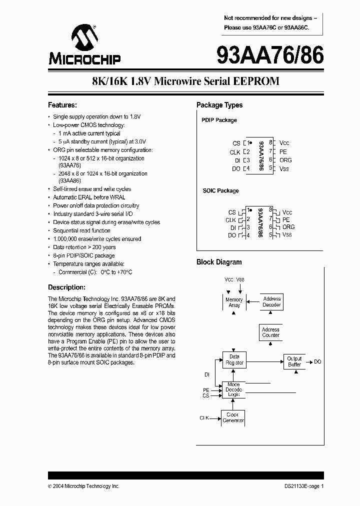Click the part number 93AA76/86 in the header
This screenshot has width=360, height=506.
pyautogui.click(x=270, y=54)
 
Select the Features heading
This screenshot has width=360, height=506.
pyautogui.click(x=62, y=105)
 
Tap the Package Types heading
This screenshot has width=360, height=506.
pyautogui.click(x=219, y=105)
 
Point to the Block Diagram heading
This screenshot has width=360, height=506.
pyautogui.click(x=219, y=262)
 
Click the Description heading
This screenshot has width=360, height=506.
pyautogui.click(x=66, y=287)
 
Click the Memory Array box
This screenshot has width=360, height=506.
pyautogui.click(x=234, y=302)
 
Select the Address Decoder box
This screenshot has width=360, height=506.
pyautogui.click(x=272, y=301)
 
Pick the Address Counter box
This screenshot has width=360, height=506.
pyautogui.click(x=270, y=332)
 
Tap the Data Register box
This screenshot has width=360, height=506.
pyautogui.click(x=234, y=359)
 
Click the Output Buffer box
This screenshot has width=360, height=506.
pyautogui.click(x=294, y=361)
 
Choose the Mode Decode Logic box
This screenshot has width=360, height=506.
pyautogui.click(x=233, y=389)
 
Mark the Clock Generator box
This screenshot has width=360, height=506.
pyautogui.click(x=233, y=417)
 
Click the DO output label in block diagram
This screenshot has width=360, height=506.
pyautogui.click(x=317, y=361)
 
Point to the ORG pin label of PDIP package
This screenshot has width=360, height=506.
pyautogui.click(x=285, y=160)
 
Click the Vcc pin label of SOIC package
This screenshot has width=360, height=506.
pyautogui.click(x=287, y=212)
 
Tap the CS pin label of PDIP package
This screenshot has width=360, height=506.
pyautogui.click(x=236, y=143)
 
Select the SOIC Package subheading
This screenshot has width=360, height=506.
pyautogui.click(x=220, y=190)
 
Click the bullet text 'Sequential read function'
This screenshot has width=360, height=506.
pyautogui.click(x=82, y=230)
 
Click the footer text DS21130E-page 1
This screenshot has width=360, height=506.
pyautogui.click(x=301, y=486)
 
